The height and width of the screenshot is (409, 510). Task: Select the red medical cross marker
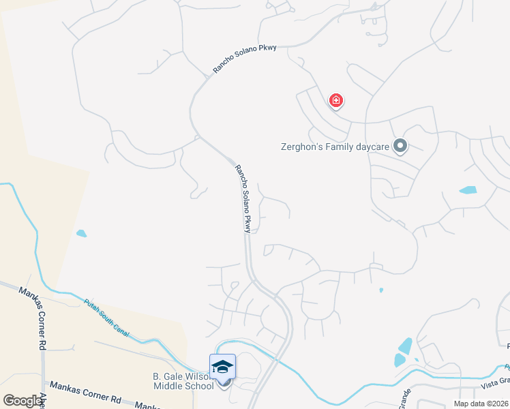[x=335, y=101]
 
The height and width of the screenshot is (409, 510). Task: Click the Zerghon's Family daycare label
[x=335, y=146]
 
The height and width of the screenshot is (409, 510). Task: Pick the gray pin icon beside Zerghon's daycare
[x=400, y=146]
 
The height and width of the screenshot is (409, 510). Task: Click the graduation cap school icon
[x=223, y=367]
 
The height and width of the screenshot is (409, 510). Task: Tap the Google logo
[x=23, y=401]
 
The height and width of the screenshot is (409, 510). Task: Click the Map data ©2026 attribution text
[x=481, y=404]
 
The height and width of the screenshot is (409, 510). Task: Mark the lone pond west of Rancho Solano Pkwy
[x=82, y=234]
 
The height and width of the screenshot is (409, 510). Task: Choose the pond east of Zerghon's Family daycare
[x=468, y=190]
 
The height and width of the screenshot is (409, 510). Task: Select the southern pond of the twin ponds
[x=400, y=361]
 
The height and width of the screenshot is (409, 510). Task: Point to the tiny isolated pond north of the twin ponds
[x=381, y=290]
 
